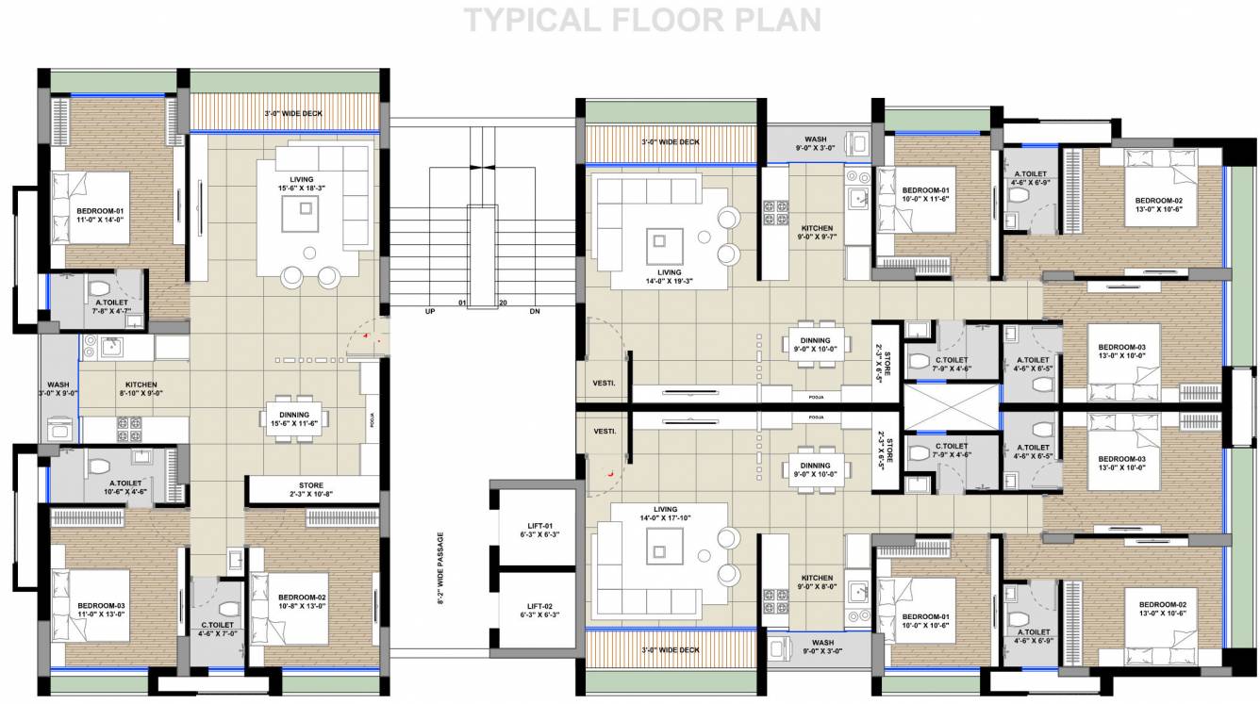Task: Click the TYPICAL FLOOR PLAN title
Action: click(x=641, y=20)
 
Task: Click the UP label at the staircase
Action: click(x=430, y=311)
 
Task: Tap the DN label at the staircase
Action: click(x=535, y=311)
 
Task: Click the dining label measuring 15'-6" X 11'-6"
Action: click(x=294, y=419)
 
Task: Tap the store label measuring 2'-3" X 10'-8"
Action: click(x=311, y=490)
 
